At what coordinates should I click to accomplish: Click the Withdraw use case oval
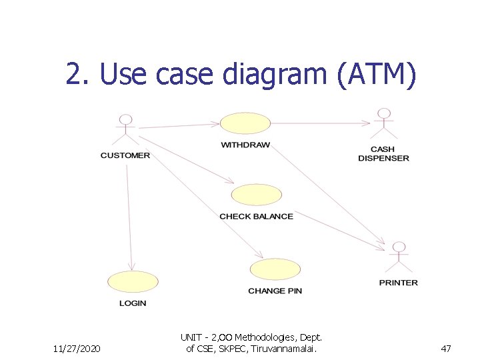245,123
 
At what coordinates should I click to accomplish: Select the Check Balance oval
256,195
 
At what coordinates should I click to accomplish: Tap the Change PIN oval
275,269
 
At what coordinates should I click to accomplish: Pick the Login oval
133,282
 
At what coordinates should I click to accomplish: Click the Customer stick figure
125,129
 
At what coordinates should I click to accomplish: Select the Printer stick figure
399,256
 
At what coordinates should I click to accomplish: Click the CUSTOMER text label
125,155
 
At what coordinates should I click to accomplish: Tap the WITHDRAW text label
245,145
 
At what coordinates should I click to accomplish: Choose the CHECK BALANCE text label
256,216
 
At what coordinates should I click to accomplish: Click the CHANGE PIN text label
275,291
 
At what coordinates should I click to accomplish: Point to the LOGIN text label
133,303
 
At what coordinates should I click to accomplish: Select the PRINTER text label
399,283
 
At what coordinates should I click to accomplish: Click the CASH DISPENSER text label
383,154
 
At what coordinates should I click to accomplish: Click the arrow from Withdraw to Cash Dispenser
320,123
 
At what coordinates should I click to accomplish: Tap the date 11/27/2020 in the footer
77,348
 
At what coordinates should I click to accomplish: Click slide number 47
446,348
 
